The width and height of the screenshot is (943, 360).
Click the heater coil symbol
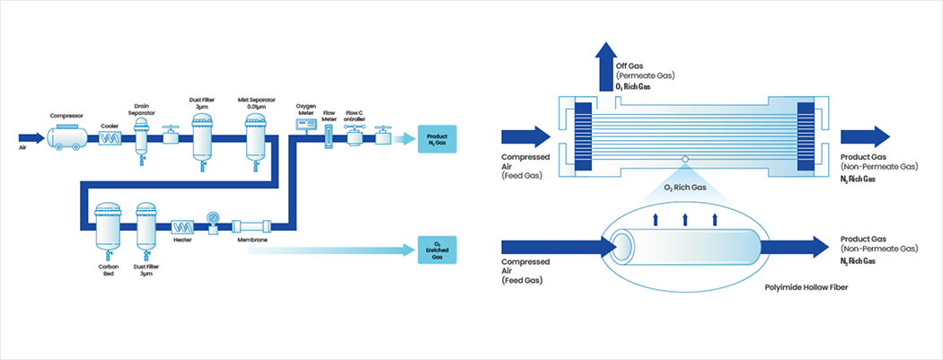(x=182, y=228)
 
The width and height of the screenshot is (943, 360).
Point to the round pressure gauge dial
(x=214, y=216)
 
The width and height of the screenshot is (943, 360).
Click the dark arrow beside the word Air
(x=31, y=138)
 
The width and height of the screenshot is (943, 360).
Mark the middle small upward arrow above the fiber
(x=685, y=218)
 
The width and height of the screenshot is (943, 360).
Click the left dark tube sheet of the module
(x=583, y=136)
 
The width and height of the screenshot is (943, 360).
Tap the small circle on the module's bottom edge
(x=685, y=162)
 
